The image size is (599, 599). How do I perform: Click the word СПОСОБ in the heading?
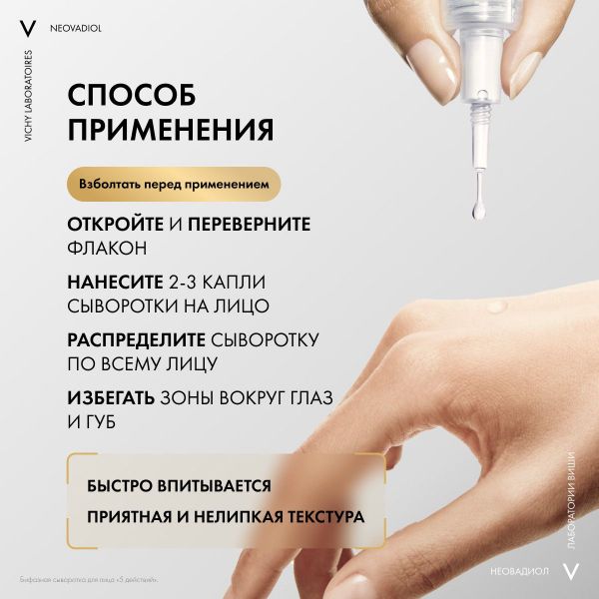132,96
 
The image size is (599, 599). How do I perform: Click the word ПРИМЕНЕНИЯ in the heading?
171,131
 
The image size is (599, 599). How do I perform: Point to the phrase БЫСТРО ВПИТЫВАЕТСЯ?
180,486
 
